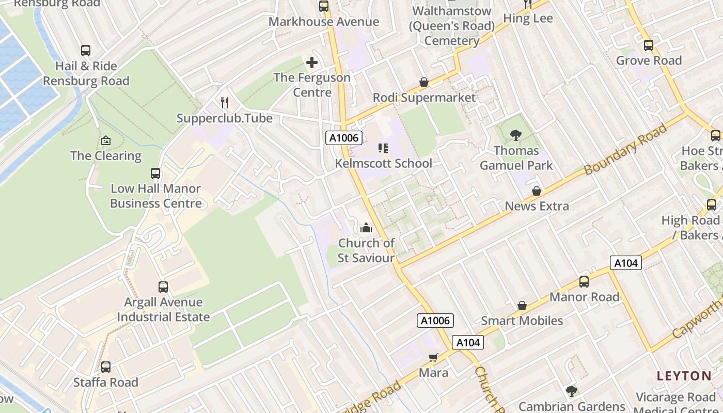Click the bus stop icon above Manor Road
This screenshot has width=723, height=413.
584,281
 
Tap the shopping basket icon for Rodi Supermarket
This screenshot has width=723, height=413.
424,82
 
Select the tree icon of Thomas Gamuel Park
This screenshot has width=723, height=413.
515,135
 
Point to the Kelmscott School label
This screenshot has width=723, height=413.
384,163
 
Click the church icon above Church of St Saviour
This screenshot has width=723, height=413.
366,227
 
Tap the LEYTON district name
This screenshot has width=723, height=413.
684,376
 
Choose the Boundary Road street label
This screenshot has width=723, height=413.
625,150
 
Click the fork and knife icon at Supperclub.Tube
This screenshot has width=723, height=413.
225,102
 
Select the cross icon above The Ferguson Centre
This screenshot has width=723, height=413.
312,62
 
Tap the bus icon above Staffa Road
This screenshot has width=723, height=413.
106,367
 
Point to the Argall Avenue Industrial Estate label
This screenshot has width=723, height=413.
163,309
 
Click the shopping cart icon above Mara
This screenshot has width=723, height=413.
433,357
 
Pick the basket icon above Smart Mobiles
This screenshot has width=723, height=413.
522,306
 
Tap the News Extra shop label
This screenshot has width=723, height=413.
537,206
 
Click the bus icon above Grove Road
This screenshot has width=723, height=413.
649,45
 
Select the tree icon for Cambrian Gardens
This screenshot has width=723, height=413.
572,391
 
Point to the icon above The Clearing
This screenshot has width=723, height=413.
106,140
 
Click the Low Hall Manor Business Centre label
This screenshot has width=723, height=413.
156,196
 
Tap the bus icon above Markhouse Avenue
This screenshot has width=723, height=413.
324,6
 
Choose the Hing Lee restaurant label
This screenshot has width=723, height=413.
528,19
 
